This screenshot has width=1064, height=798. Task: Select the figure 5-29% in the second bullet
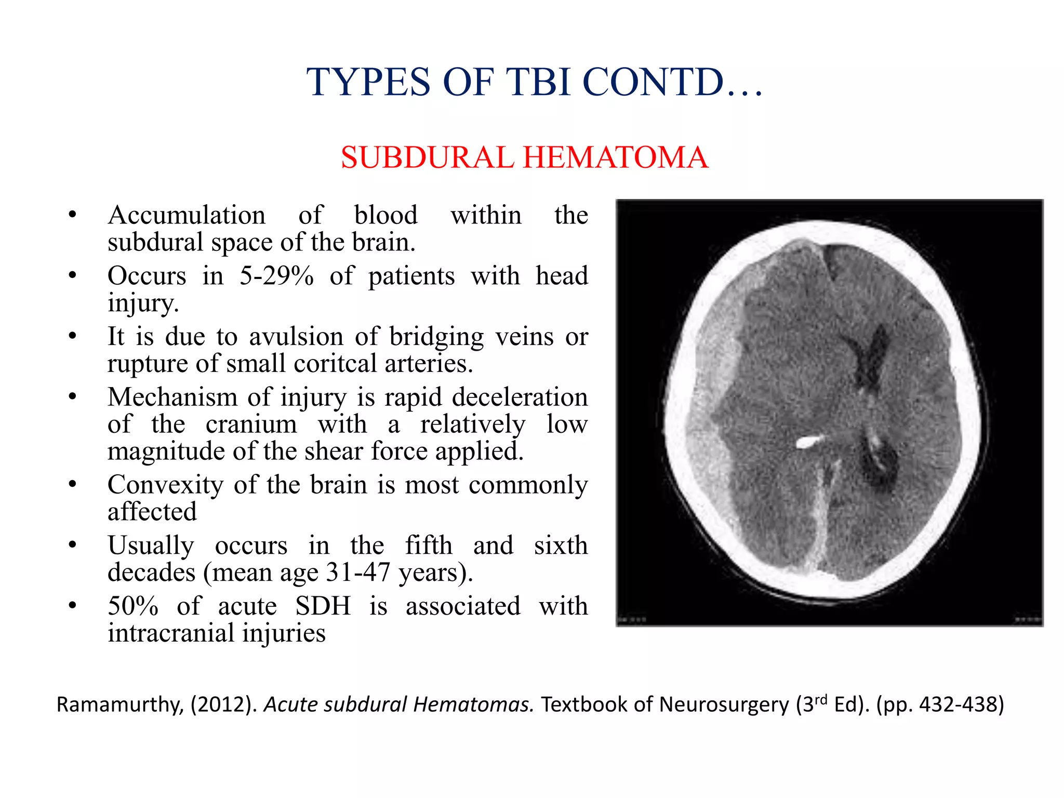click(276, 276)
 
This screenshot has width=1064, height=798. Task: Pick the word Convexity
click(165, 485)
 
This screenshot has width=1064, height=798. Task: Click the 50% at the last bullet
click(133, 606)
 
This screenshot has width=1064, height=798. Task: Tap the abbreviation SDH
click(323, 606)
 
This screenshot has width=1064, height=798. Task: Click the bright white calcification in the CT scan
click(809, 442)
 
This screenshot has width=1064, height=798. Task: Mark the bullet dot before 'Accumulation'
click(73, 215)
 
